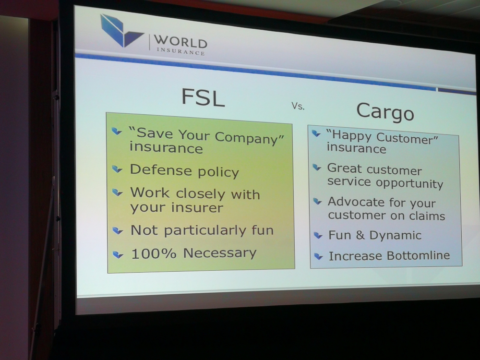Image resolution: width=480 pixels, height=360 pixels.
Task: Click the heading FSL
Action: (203, 97)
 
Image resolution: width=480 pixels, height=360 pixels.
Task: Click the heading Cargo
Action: (385, 112)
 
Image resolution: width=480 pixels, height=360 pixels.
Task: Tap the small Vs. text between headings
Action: (298, 106)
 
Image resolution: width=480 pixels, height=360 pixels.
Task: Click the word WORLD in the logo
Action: (180, 42)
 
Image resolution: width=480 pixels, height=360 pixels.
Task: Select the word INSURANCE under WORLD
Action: (180, 51)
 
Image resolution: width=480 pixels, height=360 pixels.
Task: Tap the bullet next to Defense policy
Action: (117, 168)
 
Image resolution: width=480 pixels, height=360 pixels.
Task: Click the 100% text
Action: (154, 253)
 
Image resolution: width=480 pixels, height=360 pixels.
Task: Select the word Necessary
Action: (220, 253)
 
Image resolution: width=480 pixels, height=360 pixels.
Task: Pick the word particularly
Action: (205, 230)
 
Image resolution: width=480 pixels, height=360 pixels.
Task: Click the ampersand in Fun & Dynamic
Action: (360, 235)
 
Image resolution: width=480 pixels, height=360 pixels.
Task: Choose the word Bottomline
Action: (418, 255)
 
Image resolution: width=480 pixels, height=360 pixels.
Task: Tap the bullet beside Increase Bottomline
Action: (318, 256)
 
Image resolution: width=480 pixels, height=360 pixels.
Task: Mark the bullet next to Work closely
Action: (117, 192)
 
